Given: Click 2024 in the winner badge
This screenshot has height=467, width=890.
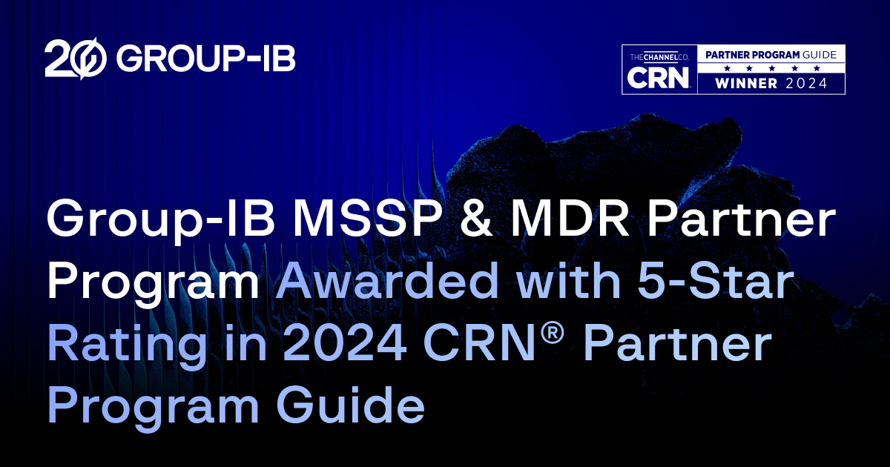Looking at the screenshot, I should tap(807, 84).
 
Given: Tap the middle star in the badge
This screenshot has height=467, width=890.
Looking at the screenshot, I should tap(771, 68).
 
